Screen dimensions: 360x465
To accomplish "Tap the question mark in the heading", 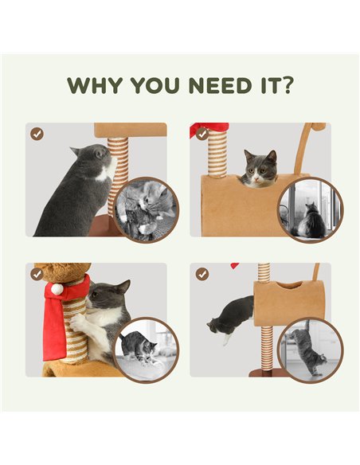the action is click(x=286, y=85).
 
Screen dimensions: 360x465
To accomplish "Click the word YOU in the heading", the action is click(x=155, y=85).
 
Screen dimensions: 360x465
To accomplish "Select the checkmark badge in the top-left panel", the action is click(x=37, y=134).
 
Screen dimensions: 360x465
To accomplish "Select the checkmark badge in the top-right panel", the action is click(x=202, y=134).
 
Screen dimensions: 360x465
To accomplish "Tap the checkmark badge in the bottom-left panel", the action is click(x=37, y=275).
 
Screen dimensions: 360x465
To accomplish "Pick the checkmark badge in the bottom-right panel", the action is click(x=202, y=275).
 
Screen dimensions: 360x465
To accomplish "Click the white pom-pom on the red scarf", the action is click(x=57, y=289).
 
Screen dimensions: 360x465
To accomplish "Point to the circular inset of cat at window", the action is click(x=311, y=210).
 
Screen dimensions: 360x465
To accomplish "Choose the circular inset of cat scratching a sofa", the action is click(x=146, y=210).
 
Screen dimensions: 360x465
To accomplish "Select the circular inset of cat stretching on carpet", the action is click(x=146, y=350).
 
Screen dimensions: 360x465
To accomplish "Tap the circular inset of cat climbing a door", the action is click(x=311, y=350).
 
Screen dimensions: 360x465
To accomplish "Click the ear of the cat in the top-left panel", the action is click(x=76, y=151).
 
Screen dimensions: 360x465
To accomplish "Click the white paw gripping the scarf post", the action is click(x=78, y=322).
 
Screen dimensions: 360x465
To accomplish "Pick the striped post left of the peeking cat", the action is click(x=217, y=154).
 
